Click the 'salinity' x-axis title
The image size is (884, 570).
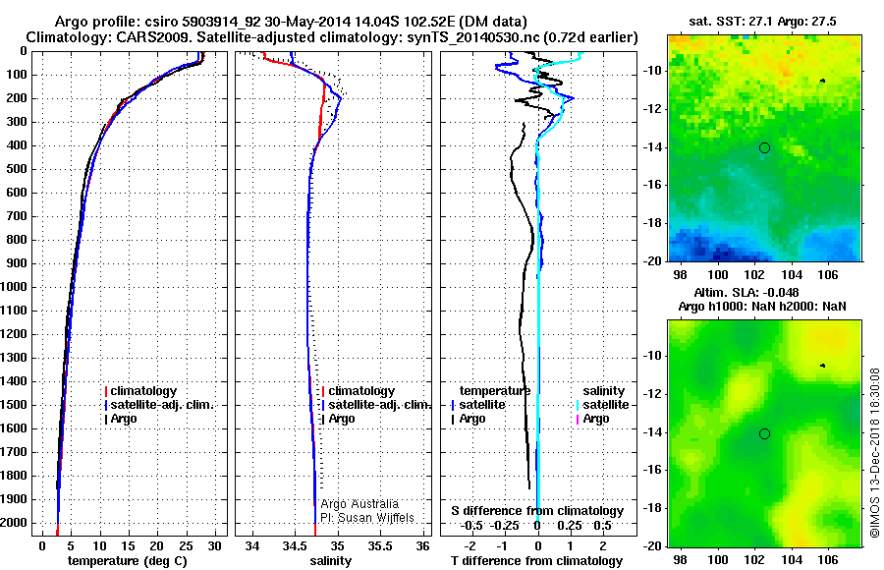[330, 561]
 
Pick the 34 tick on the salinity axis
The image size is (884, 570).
[252, 544]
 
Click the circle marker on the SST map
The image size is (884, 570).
[764, 147]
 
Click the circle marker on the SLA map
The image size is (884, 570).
[764, 433]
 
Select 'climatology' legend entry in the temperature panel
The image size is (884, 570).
[143, 391]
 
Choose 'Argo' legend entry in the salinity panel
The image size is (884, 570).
[342, 419]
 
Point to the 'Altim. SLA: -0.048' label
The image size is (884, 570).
[762, 293]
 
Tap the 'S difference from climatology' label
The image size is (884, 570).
[537, 511]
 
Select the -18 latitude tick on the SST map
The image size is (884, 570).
[651, 223]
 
